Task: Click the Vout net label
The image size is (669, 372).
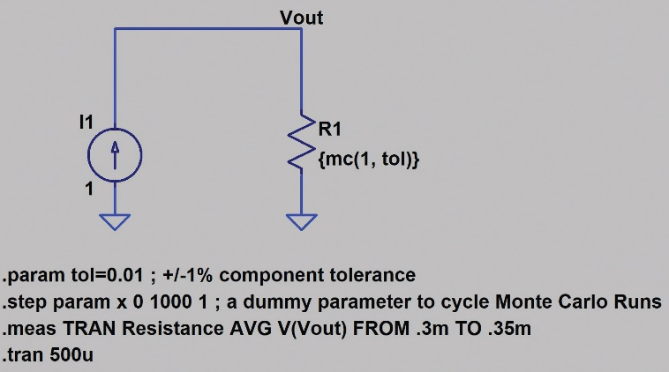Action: pyautogui.click(x=301, y=18)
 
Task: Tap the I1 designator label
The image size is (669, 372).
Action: pyautogui.click(x=86, y=123)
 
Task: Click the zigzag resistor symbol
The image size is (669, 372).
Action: pyautogui.click(x=301, y=144)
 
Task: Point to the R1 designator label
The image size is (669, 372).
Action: pyautogui.click(x=330, y=129)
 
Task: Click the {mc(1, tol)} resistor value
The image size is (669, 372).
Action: pyautogui.click(x=369, y=160)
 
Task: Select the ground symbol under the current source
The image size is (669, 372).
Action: pyautogui.click(x=115, y=222)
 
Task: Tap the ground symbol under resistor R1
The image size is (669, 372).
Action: pyautogui.click(x=301, y=222)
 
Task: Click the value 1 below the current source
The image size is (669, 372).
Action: pyautogui.click(x=89, y=189)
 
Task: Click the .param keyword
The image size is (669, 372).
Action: pyautogui.click(x=34, y=276)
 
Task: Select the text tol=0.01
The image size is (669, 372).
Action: pyautogui.click(x=107, y=275)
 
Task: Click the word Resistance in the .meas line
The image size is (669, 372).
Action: pyautogui.click(x=173, y=329)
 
